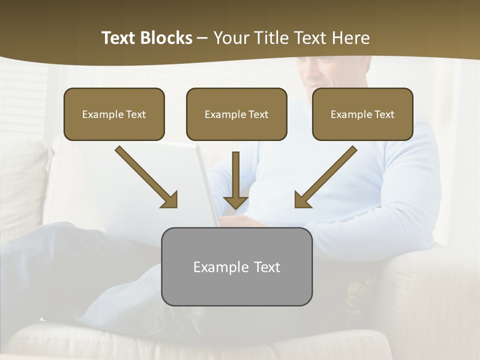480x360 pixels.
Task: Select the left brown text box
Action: (x=114, y=114)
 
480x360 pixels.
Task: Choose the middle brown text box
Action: (x=236, y=114)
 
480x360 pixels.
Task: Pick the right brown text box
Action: (x=362, y=114)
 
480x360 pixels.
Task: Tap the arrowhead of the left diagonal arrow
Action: (x=170, y=200)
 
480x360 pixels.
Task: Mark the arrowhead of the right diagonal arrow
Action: (x=301, y=200)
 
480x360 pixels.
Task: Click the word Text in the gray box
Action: (x=267, y=267)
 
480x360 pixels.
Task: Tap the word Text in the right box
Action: (x=384, y=114)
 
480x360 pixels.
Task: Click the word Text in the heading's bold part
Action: (x=118, y=38)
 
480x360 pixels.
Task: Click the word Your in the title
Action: (x=229, y=38)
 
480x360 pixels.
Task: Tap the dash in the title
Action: (x=202, y=38)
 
